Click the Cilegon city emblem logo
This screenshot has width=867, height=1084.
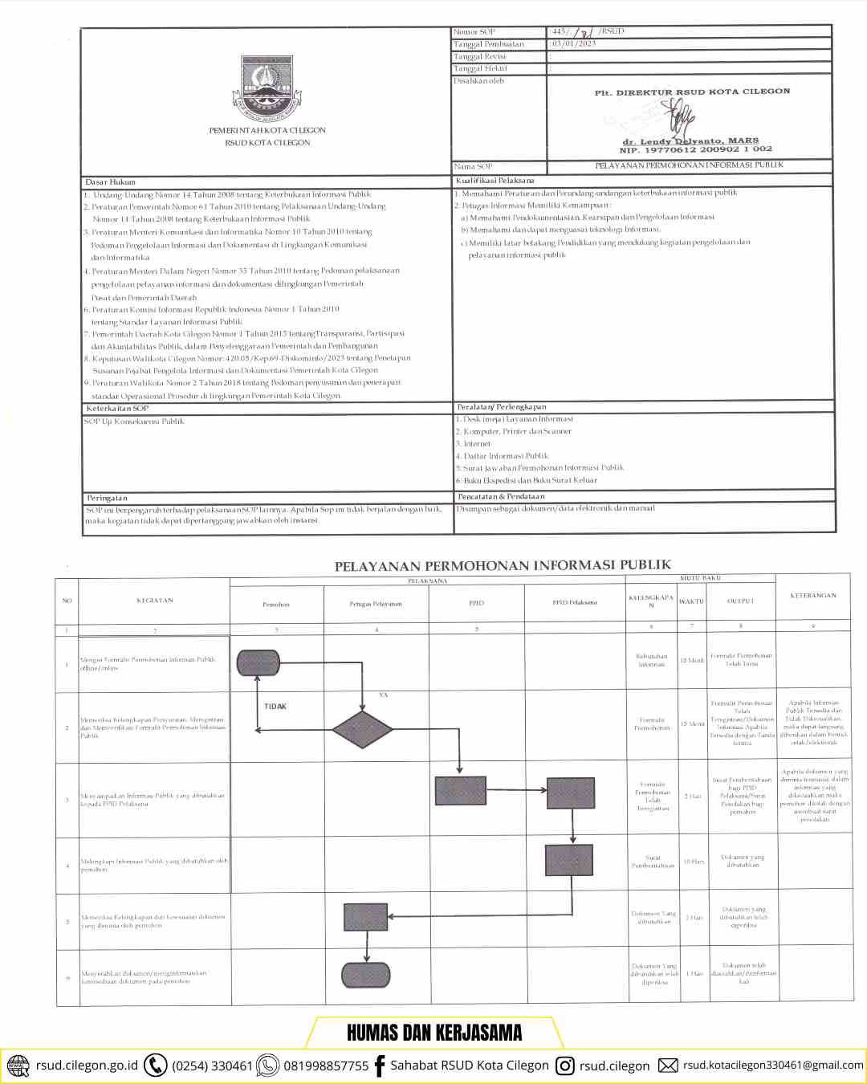click(267, 87)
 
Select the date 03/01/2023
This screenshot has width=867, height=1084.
click(574, 44)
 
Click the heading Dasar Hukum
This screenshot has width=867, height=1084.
click(111, 182)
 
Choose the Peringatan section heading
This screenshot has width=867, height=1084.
click(108, 498)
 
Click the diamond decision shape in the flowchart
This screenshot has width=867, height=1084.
click(363, 729)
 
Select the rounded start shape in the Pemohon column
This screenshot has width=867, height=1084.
click(258, 662)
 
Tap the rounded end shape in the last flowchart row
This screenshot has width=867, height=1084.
click(366, 975)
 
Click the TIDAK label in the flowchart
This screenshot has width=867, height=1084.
click(275, 707)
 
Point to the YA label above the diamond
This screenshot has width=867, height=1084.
click(383, 695)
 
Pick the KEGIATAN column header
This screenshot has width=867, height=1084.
click(155, 601)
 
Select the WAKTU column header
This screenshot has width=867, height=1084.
click(691, 601)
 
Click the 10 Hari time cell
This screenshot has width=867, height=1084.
click(694, 862)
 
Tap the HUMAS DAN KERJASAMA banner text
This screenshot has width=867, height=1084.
click(434, 1033)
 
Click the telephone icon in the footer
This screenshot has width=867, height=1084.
click(155, 1066)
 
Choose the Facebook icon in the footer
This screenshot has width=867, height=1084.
click(380, 1066)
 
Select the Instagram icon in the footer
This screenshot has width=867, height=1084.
click(565, 1066)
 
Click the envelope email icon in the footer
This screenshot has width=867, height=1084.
click(668, 1066)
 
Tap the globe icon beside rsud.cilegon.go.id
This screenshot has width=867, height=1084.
click(18, 1066)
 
